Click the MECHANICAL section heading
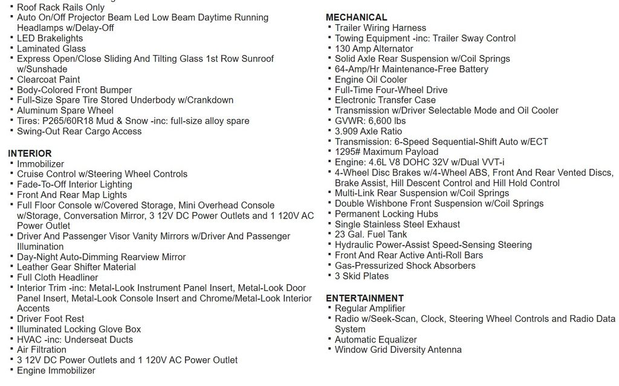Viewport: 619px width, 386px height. point(356,17)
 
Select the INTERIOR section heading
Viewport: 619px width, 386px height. point(30,154)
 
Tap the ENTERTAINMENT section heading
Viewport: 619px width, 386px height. point(365,298)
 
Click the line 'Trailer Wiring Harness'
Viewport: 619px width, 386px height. point(380,28)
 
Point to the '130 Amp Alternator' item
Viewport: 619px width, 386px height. point(374,48)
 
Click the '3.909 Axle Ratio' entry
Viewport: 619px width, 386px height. point(368,131)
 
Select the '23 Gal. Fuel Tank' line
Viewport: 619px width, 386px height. point(371,234)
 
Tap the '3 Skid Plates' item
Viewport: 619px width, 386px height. point(361,276)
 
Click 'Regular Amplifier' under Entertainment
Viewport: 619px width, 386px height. point(369,309)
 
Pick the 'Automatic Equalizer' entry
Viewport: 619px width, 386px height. point(375,339)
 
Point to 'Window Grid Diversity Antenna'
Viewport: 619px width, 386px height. point(398,350)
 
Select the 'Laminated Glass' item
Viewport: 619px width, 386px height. point(51,48)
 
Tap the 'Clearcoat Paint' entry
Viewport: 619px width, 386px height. point(48,79)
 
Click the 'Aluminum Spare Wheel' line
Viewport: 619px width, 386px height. point(65,110)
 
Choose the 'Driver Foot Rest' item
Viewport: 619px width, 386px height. point(50,319)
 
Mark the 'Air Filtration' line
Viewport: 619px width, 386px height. point(41,350)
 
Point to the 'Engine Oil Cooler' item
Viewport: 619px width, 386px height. point(371,79)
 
